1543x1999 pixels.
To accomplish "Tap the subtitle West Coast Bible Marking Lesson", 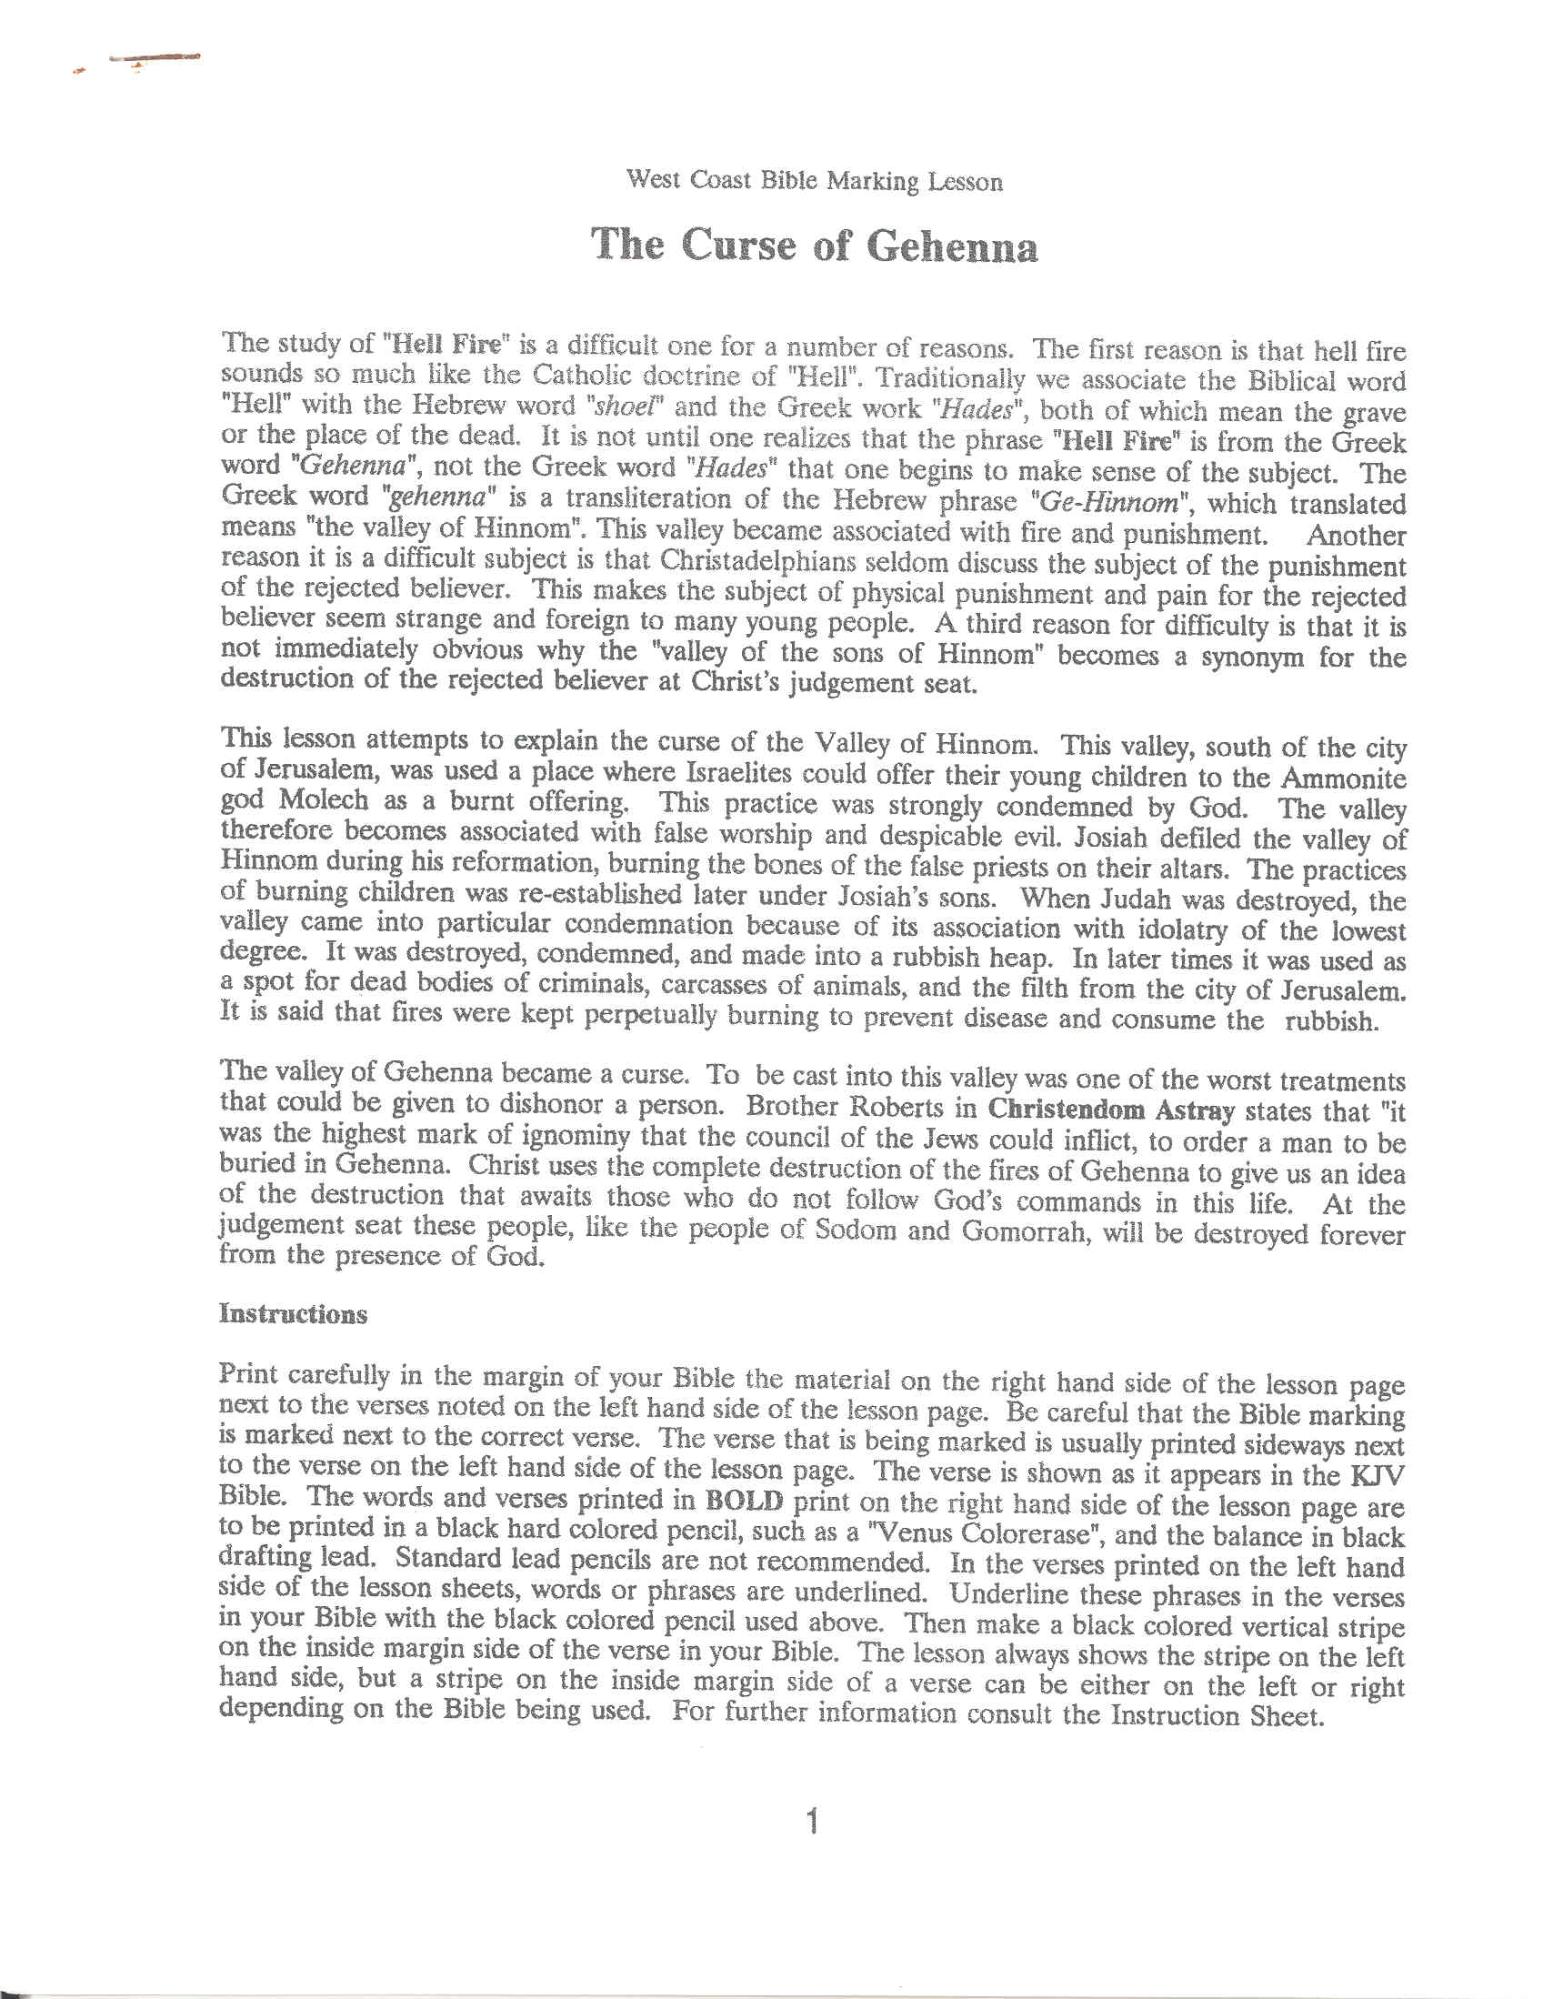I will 814,179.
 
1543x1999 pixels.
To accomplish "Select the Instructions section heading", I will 293,1314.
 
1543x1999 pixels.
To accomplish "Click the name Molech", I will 324,800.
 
